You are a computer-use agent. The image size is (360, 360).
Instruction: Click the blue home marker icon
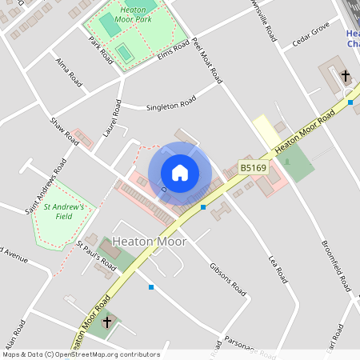(x=180, y=173)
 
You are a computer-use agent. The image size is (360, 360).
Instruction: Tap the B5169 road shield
(x=252, y=168)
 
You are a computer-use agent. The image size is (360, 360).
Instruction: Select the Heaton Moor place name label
(x=150, y=242)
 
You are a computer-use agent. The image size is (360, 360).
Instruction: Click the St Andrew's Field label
(x=69, y=211)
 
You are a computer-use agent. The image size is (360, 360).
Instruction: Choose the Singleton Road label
(x=170, y=104)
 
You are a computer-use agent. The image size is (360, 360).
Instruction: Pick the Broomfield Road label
(x=335, y=265)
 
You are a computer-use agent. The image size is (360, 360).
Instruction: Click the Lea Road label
(x=277, y=270)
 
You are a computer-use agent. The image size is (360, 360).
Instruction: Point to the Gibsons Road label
(x=227, y=277)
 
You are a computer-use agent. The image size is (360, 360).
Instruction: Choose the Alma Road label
(x=69, y=71)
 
